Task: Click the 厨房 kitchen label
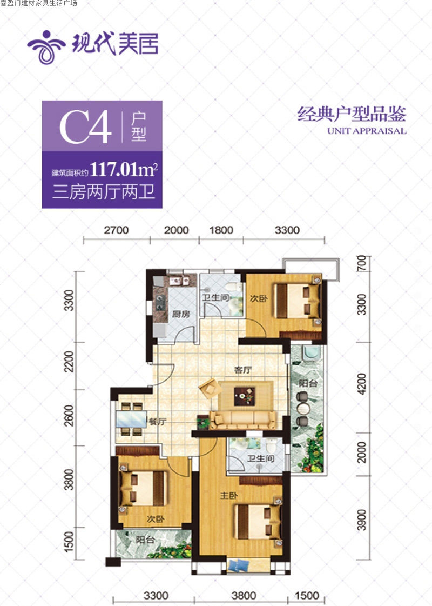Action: (181, 314)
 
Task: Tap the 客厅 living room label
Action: (243, 370)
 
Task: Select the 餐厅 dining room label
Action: (158, 421)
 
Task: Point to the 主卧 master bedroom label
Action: (228, 496)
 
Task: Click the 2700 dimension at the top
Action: (116, 230)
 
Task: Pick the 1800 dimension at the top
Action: (221, 230)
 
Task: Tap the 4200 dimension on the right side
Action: (361, 384)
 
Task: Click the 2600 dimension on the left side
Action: (69, 416)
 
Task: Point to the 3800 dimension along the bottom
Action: (244, 596)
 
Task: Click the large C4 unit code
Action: (86, 126)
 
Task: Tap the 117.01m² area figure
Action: (124, 169)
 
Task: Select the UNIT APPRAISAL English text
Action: (367, 131)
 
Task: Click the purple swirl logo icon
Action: (46, 47)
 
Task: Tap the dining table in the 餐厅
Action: (131, 419)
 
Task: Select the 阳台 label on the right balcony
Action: (308, 383)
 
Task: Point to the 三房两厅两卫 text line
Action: (104, 192)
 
